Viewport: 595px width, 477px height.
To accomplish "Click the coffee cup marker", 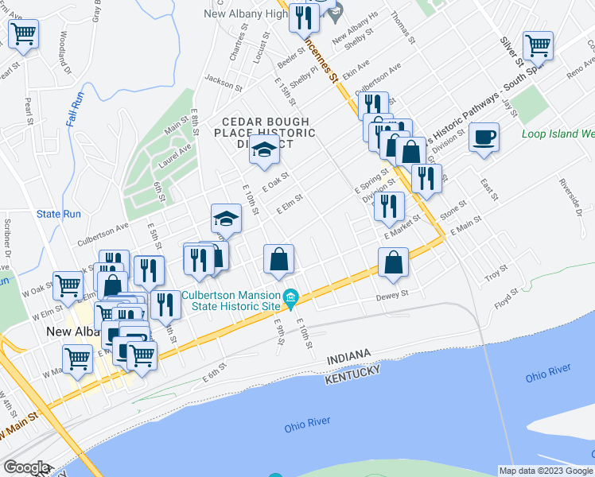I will pyautogui.click(x=484, y=138).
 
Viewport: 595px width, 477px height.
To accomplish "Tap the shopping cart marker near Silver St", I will pyautogui.click(x=539, y=46).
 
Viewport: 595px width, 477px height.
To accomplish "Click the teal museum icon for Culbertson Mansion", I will pyautogui.click(x=291, y=300).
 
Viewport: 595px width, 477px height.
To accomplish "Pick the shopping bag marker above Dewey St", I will pyautogui.click(x=394, y=262).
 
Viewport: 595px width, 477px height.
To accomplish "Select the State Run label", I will pyautogui.click(x=59, y=214).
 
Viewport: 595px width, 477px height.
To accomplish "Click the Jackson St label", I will pyautogui.click(x=222, y=81).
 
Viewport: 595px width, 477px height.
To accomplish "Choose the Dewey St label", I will pyautogui.click(x=392, y=295).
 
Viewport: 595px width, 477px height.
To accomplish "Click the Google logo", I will pyautogui.click(x=26, y=467).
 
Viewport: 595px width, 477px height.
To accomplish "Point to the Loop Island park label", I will pyautogui.click(x=558, y=134).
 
